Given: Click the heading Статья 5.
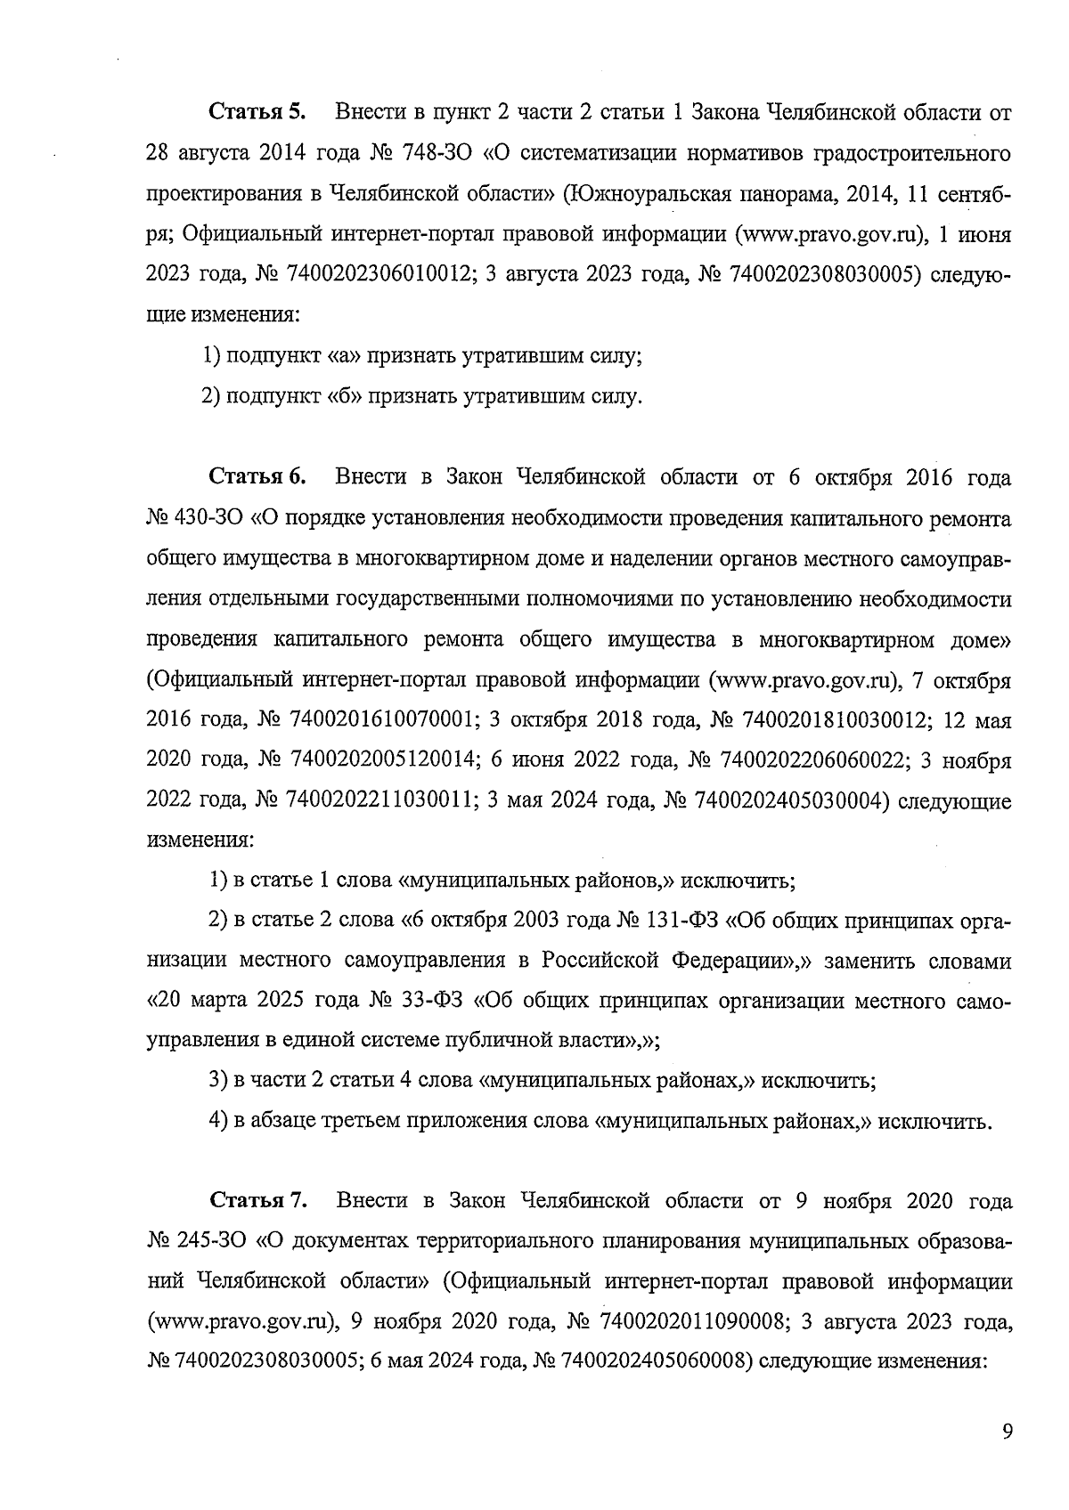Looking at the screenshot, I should tap(257, 113).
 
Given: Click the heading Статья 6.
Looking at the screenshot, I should tap(257, 477).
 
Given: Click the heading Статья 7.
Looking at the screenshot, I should tap(258, 1200).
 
